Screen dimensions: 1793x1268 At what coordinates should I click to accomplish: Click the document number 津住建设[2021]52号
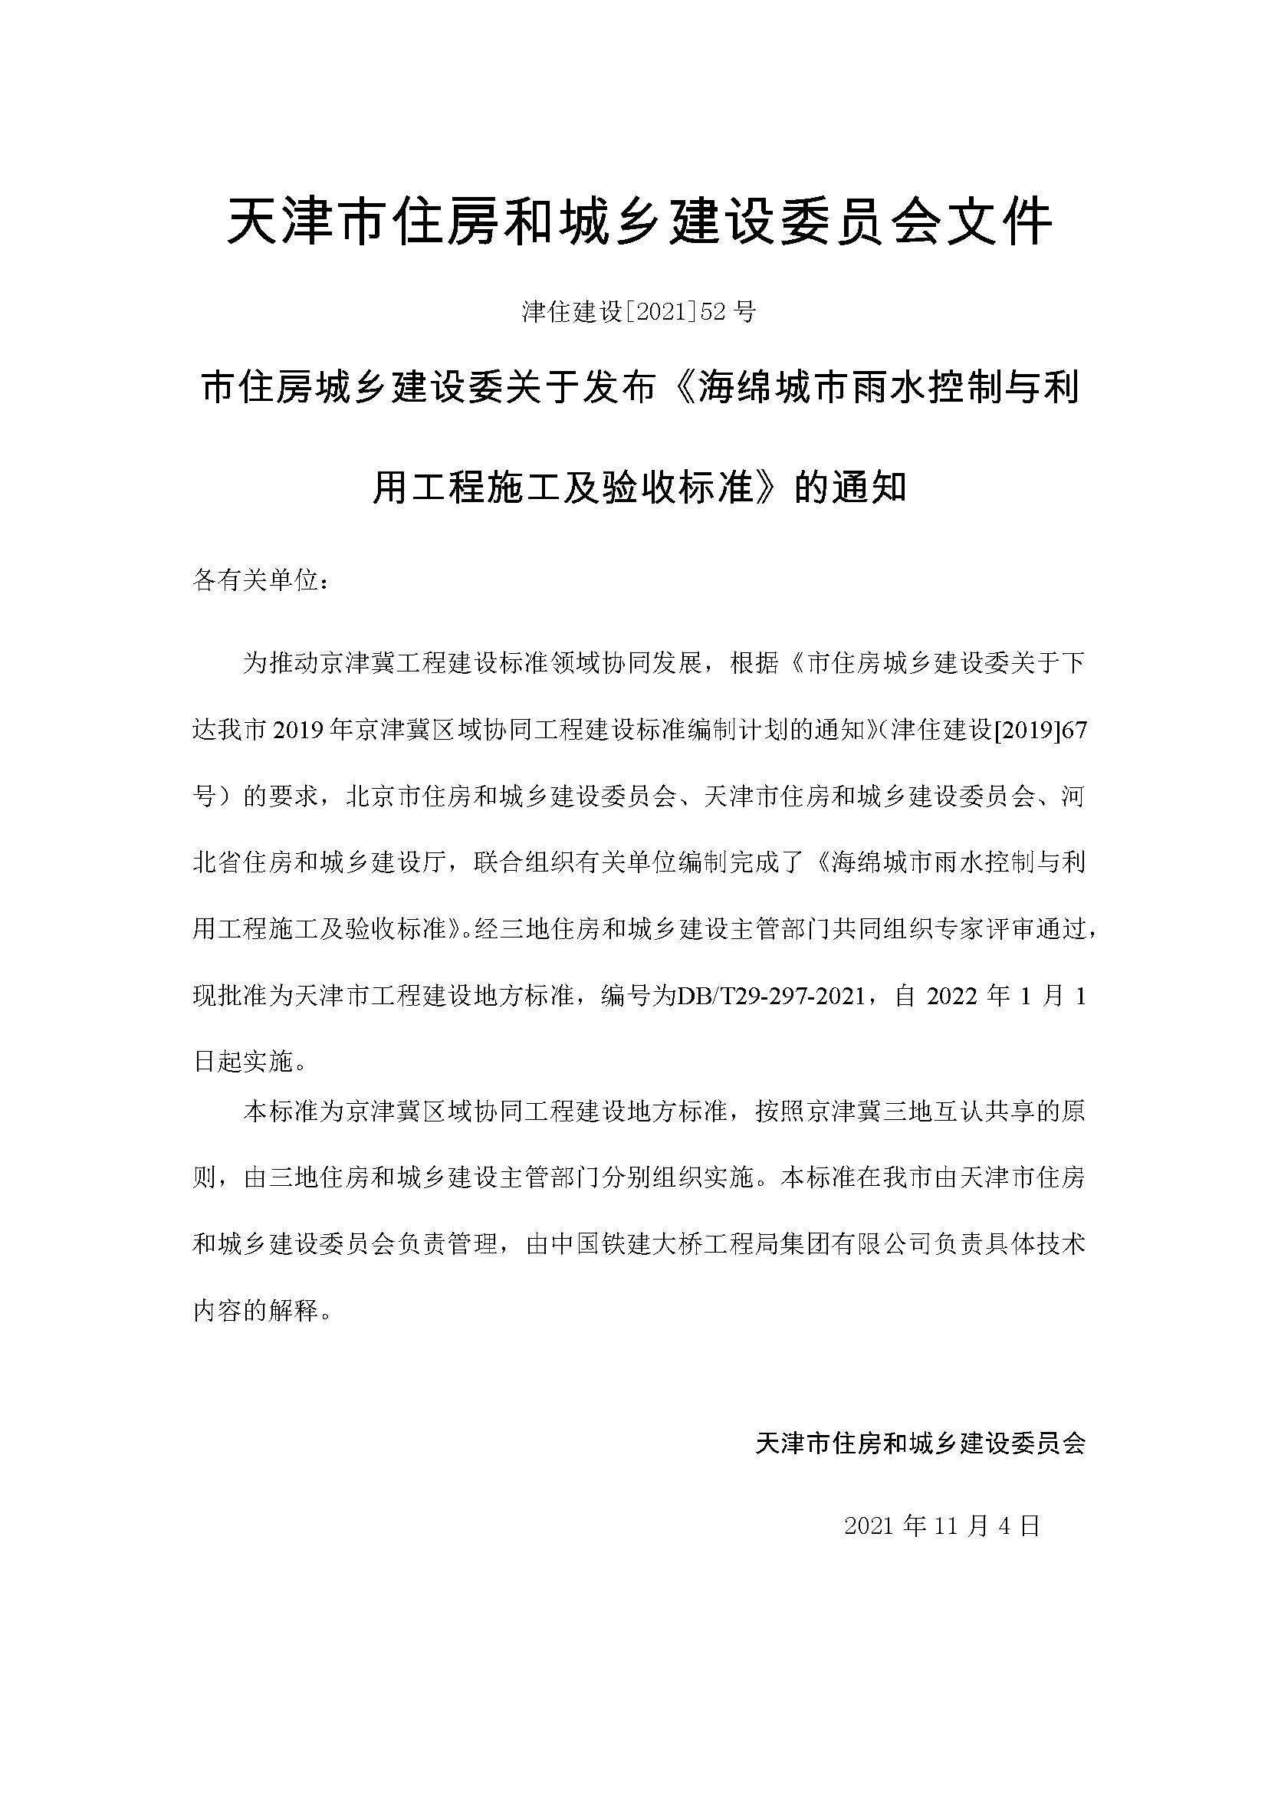point(639,312)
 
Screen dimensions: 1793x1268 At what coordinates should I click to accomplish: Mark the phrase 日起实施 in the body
point(243,1061)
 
